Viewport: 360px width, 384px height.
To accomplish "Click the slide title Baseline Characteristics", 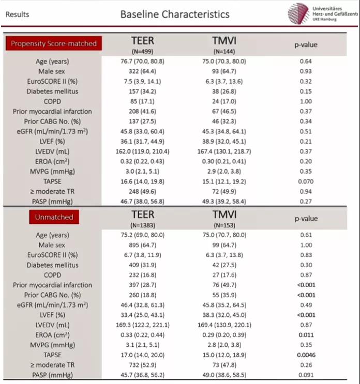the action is (x=175, y=14).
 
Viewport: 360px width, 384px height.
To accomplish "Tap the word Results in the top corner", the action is (x=17, y=14).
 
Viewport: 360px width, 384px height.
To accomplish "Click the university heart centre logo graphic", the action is (x=298, y=13).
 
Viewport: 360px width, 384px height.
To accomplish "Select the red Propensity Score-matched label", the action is (x=54, y=43).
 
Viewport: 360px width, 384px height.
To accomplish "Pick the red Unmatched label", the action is (x=54, y=217).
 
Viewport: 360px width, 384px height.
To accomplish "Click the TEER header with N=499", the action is (x=143, y=45).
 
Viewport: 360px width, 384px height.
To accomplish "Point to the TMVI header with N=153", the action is (x=224, y=219).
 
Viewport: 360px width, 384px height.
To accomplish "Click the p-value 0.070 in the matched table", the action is (x=306, y=181).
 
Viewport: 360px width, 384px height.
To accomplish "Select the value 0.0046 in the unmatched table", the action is (x=306, y=355).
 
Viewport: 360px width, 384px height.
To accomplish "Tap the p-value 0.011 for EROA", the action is (x=306, y=335).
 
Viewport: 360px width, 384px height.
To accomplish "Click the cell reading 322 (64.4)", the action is (x=142, y=71).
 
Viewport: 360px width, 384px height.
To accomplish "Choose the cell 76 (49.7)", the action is (x=224, y=285).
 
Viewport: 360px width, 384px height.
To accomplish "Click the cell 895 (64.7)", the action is (x=143, y=245).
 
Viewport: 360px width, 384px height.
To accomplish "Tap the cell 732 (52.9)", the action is (x=143, y=365).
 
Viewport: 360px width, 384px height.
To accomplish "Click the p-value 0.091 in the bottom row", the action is (x=306, y=375).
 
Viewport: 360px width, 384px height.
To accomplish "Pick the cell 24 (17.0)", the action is (x=224, y=101).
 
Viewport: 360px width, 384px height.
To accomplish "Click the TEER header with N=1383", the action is (x=143, y=219).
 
